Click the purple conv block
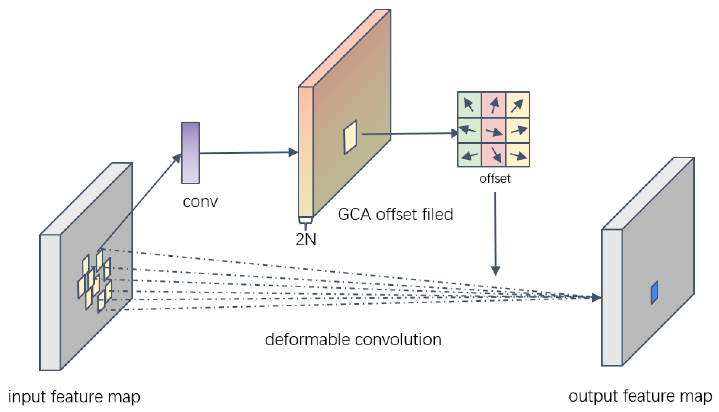pyautogui.click(x=190, y=153)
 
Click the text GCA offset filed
pyautogui.click(x=395, y=214)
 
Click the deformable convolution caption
pyautogui.click(x=353, y=340)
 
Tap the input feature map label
pyautogui.click(x=74, y=397)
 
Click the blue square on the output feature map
pyautogui.click(x=654, y=292)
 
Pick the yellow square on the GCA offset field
pyautogui.click(x=350, y=137)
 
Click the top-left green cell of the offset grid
pyautogui.click(x=469, y=105)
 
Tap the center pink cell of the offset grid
pyautogui.click(x=493, y=131)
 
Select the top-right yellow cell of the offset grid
pyautogui.click(x=518, y=105)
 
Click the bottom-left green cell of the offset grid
pyautogui.click(x=469, y=155)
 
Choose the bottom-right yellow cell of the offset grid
pyautogui.click(x=518, y=155)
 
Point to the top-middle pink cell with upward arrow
pyautogui.click(x=493, y=105)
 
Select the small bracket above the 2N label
pyautogui.click(x=305, y=220)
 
